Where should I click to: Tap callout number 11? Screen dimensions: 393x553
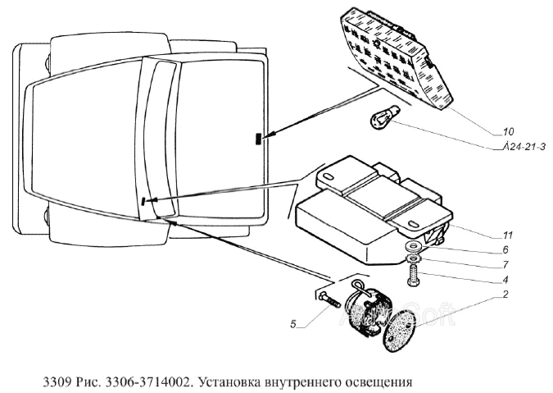(508, 235)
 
